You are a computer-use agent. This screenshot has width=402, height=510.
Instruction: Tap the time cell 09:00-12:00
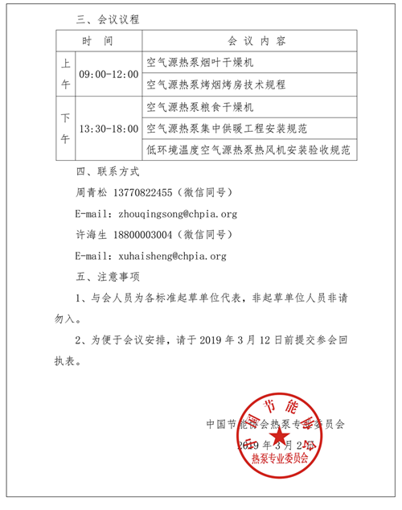pyautogui.click(x=109, y=73)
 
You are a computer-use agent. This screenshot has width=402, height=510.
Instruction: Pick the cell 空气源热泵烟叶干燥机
pyautogui.click(x=201, y=62)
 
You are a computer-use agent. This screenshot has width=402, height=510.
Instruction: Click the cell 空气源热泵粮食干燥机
pyautogui.click(x=201, y=106)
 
